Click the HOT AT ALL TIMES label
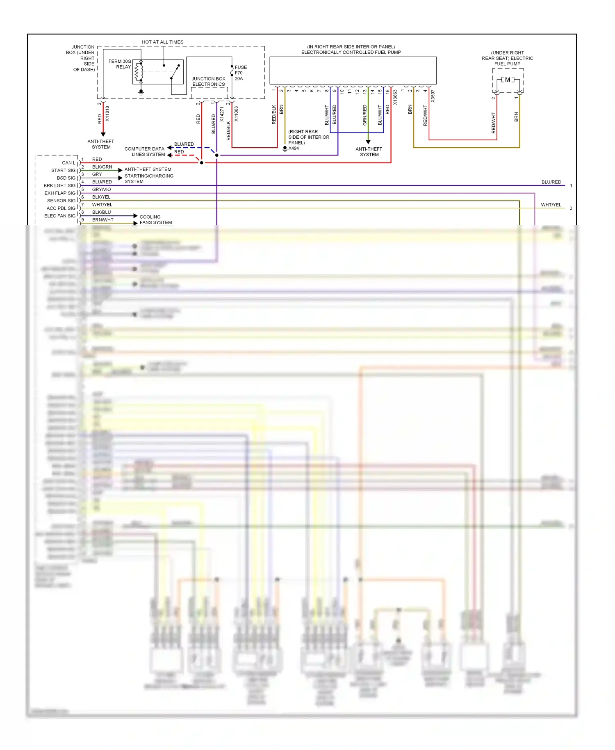point(162,42)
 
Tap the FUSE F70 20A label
point(240,73)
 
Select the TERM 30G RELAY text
point(120,64)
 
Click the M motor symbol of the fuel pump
point(508,80)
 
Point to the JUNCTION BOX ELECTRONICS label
point(208,81)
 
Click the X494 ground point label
point(294,149)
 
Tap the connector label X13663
point(395,98)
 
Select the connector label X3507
point(433,96)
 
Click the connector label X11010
point(107,113)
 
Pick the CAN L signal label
point(68,163)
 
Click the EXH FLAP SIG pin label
point(60,193)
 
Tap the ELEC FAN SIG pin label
point(60,216)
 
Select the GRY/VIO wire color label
point(101,190)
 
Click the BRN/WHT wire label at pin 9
point(102,220)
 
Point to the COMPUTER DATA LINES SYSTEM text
point(144,152)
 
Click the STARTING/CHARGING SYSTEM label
point(149,178)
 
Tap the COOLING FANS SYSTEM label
point(155,220)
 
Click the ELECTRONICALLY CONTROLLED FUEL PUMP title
point(351,52)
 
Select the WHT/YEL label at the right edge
point(551,205)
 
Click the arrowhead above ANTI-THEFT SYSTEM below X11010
point(103,134)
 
